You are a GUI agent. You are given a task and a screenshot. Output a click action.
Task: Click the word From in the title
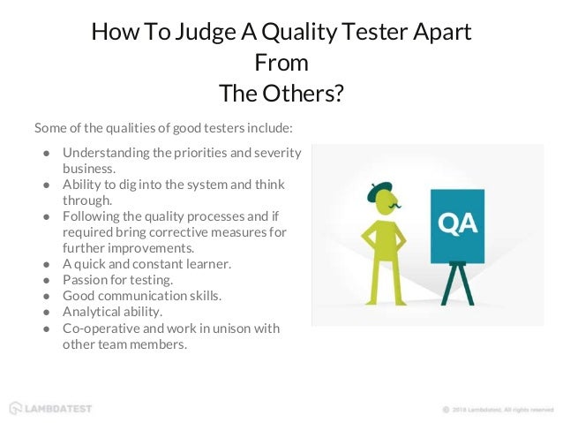[x=281, y=63]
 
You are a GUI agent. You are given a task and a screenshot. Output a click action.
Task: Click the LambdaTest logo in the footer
[x=50, y=408]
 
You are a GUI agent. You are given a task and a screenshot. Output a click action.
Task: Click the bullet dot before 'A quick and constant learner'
[x=46, y=264]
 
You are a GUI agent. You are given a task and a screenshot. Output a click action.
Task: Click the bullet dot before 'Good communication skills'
[x=46, y=296]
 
